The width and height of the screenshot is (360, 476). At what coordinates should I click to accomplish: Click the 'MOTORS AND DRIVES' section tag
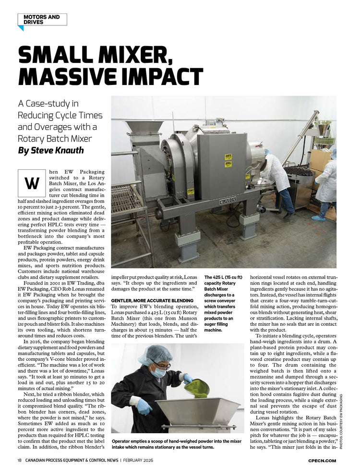tap(42, 19)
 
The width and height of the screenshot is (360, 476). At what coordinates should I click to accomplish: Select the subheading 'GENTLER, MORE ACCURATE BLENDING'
tap(152, 300)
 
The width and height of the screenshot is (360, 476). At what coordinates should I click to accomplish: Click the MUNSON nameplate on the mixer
tap(228, 202)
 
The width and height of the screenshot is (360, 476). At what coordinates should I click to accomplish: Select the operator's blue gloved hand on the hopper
tap(144, 407)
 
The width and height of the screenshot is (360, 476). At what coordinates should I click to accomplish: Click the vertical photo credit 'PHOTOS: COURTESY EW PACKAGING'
tap(341, 420)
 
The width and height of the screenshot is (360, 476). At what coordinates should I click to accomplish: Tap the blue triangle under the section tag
tap(21, 28)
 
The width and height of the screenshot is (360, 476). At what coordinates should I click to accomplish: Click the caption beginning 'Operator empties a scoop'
tap(176, 444)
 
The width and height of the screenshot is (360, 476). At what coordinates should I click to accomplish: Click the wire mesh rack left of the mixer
tap(128, 198)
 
